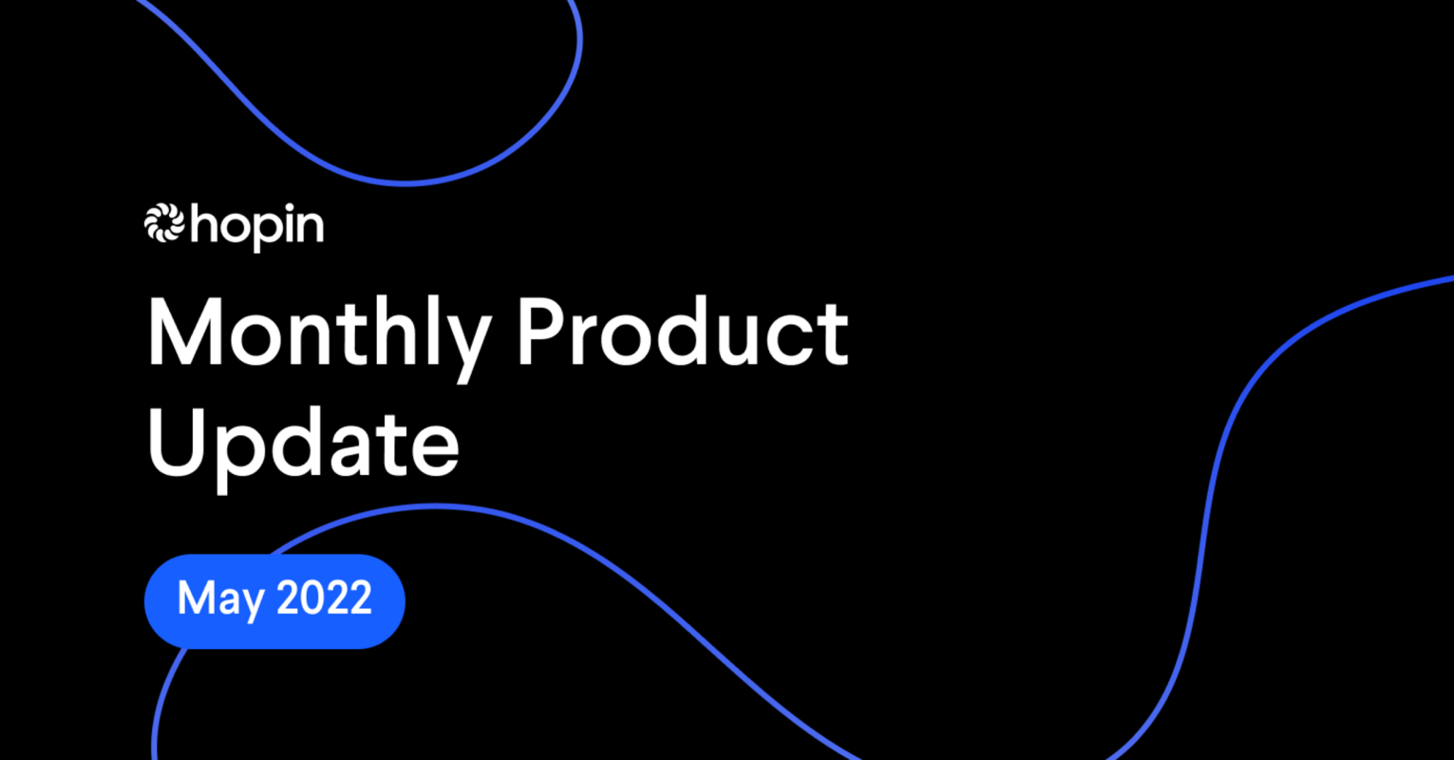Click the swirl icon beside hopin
163,224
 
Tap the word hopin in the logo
257,228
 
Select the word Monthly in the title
318,334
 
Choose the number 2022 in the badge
324,598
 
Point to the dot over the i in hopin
287,210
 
